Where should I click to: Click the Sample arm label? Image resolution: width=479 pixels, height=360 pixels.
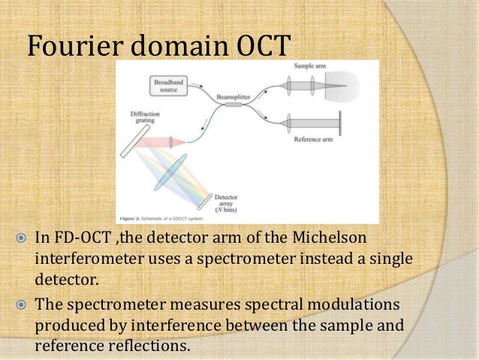coord(303,67)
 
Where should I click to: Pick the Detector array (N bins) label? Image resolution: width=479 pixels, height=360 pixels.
coord(231,202)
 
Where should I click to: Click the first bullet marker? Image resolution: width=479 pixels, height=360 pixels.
coord(20,239)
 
